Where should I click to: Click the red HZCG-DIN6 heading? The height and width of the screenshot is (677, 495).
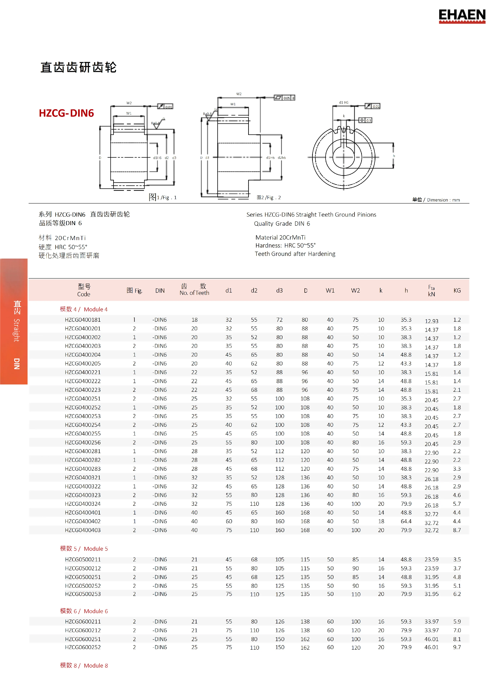[x=66, y=113]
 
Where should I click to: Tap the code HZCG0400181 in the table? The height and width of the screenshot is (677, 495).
[x=83, y=320]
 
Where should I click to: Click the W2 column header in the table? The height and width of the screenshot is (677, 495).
[x=355, y=290]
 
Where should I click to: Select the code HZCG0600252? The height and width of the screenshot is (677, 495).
[x=83, y=647]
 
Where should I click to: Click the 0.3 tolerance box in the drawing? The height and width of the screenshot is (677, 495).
[x=366, y=120]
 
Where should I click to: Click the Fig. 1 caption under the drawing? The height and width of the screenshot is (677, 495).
[x=163, y=197]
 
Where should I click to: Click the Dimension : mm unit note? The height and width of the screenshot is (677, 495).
[x=436, y=200]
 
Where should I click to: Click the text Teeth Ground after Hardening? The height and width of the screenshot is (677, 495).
[x=295, y=254]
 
